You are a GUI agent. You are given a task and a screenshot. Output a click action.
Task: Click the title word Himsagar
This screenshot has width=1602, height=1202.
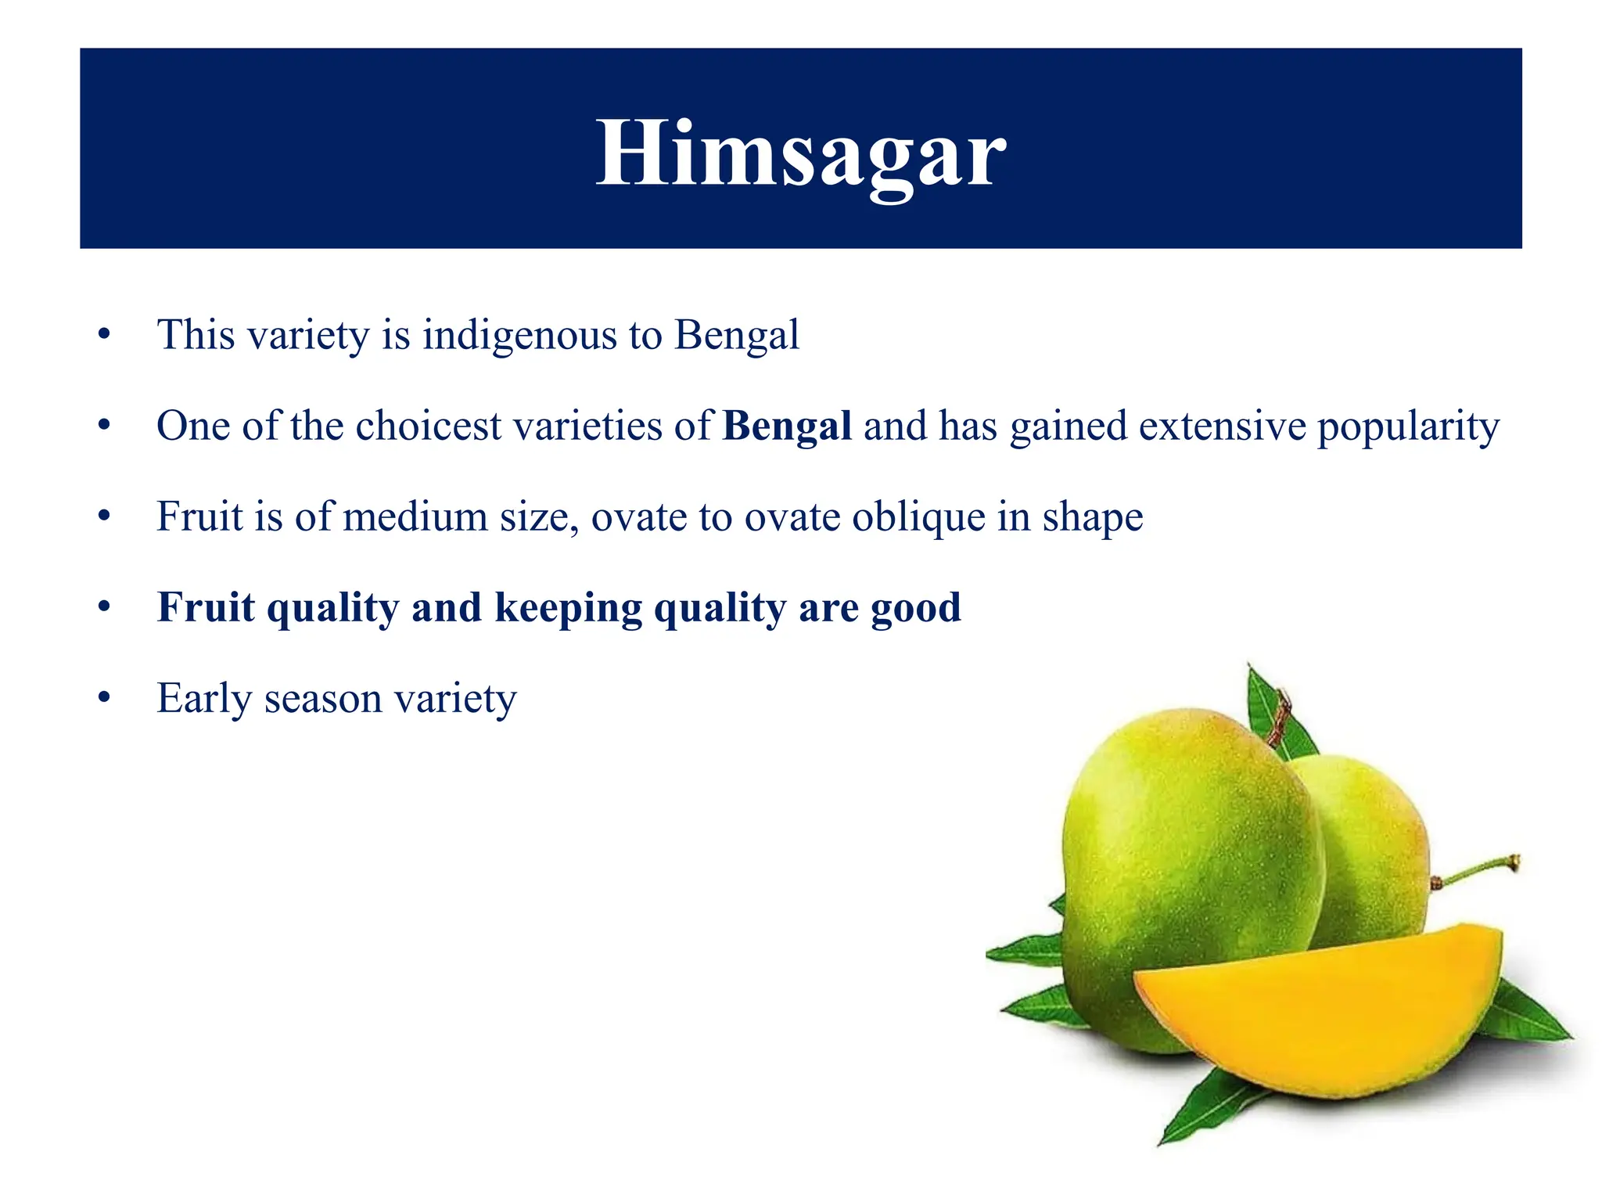pyautogui.click(x=800, y=153)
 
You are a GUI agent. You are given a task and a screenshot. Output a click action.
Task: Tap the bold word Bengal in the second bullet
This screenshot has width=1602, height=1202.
pyautogui.click(x=787, y=426)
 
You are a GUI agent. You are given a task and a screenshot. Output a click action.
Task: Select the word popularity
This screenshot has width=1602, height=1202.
pyautogui.click(x=1408, y=426)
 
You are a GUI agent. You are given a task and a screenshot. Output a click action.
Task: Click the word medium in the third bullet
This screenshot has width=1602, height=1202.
pyautogui.click(x=415, y=517)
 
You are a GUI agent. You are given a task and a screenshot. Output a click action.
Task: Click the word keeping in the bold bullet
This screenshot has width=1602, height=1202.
pyautogui.click(x=568, y=608)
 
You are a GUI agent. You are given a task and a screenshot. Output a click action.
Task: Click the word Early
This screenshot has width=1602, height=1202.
pyautogui.click(x=203, y=699)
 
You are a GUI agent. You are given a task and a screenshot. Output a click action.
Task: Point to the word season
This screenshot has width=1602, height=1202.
pyautogui.click(x=322, y=699)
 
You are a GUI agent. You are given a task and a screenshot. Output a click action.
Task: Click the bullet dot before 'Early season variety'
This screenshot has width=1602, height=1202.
pyautogui.click(x=105, y=697)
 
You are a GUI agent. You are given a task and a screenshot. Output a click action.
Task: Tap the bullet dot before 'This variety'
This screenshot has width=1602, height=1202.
pyautogui.click(x=105, y=334)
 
